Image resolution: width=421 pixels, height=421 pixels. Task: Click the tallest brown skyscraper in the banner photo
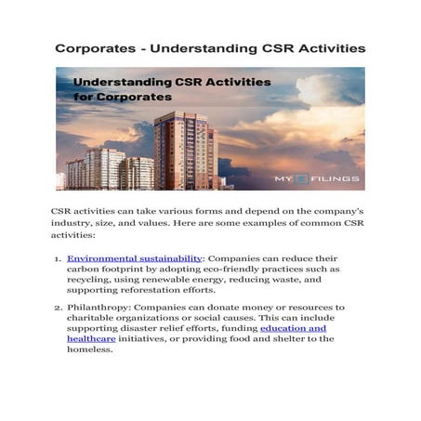pyautogui.click(x=184, y=149)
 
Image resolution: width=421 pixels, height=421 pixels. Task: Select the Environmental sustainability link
pyautogui.click(x=135, y=257)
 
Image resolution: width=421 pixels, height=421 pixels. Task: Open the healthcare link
pyautogui.click(x=91, y=339)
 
